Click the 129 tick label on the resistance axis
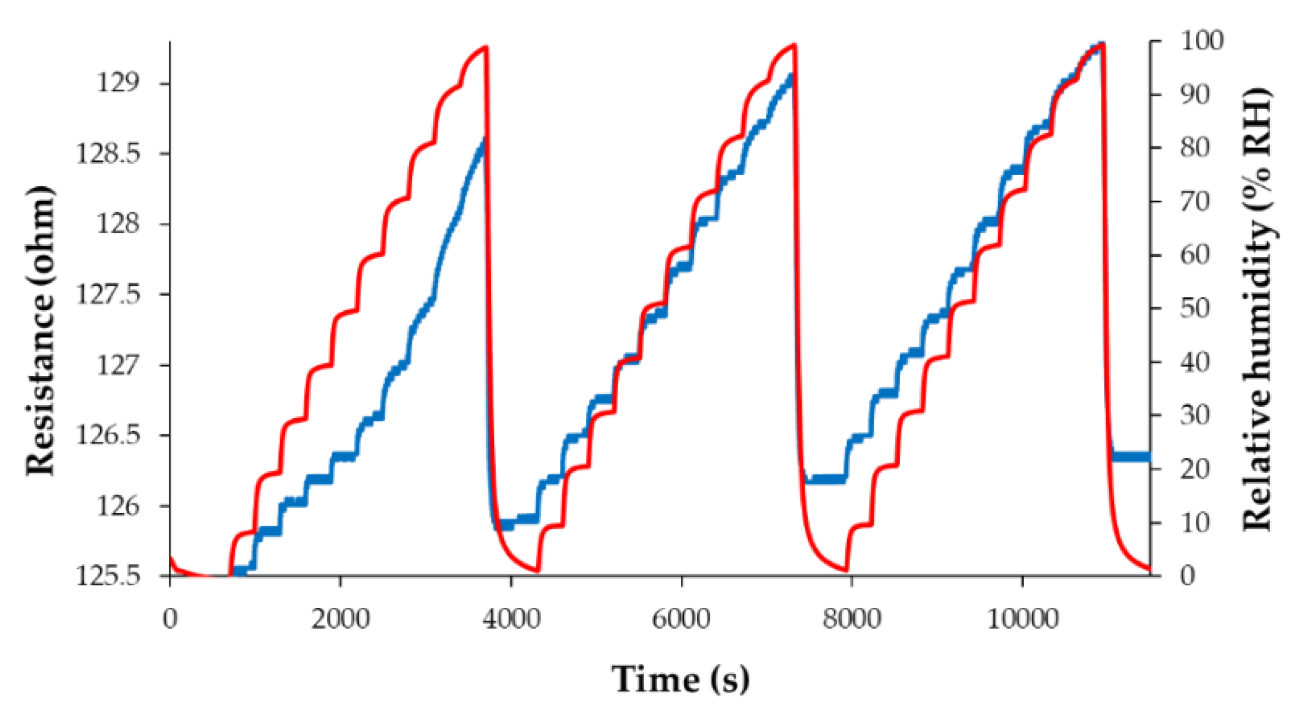tap(118, 83)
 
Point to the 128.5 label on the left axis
tap(109, 154)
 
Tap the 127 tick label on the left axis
tap(118, 365)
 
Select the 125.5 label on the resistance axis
tap(109, 575)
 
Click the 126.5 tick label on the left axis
tap(109, 436)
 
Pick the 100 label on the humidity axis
tap(1201, 41)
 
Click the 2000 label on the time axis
tap(340, 620)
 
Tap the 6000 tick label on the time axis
tap(681, 620)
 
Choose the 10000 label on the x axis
tap(1022, 620)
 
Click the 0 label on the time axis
tap(170, 620)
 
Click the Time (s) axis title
tap(680, 679)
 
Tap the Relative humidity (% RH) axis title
tap(1258, 309)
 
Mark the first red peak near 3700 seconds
tap(485, 47)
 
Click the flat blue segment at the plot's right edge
tap(1130, 456)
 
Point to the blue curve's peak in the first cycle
tap(484, 139)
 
